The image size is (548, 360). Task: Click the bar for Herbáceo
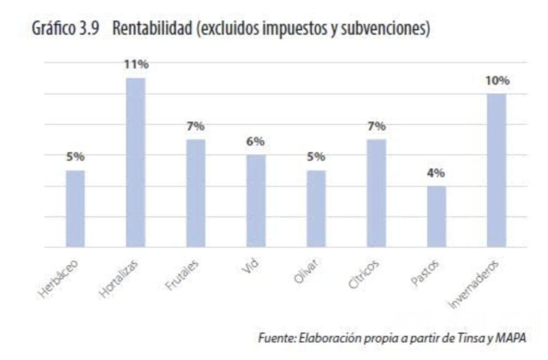(x=75, y=209)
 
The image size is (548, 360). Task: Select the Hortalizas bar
(x=135, y=163)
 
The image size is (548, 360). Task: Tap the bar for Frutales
(x=195, y=193)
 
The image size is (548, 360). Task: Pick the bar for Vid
(x=256, y=201)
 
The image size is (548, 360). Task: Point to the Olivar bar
(x=316, y=209)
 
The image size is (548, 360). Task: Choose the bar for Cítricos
(x=376, y=193)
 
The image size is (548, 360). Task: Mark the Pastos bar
(x=436, y=217)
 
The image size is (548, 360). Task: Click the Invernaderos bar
(x=497, y=170)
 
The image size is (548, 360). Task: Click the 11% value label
(x=136, y=65)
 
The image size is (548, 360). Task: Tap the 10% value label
(x=497, y=81)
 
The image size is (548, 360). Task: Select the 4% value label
(x=437, y=173)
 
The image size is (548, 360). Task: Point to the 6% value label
(x=256, y=142)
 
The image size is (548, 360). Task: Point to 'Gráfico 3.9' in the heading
(x=64, y=29)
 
